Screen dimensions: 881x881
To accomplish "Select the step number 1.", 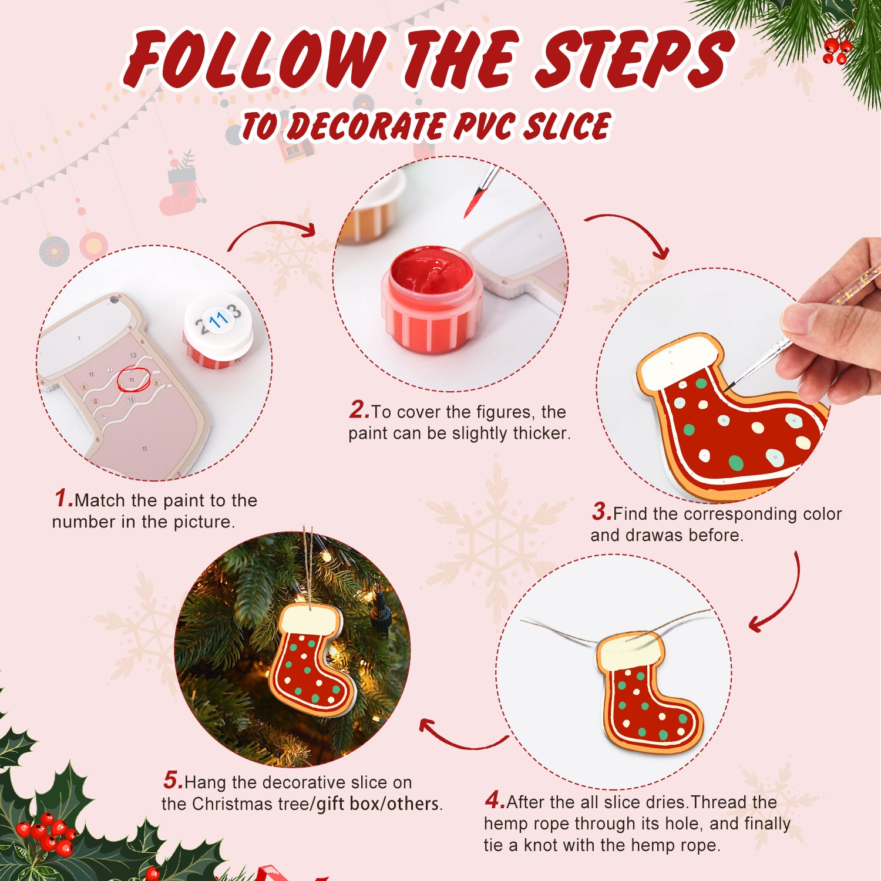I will tap(63, 499).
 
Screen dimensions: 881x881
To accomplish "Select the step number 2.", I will tap(358, 410).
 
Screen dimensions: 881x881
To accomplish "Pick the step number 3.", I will tap(601, 512).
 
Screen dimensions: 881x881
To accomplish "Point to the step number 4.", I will tap(495, 800).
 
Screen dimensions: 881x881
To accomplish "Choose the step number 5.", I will tap(173, 781).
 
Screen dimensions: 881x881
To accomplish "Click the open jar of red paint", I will tap(432, 300).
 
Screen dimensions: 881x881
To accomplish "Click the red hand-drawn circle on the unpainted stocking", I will tap(133, 379).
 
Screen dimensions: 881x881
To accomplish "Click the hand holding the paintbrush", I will tap(834, 329).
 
